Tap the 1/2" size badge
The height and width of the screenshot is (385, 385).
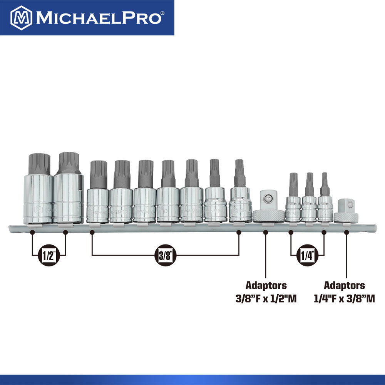coord(49,256)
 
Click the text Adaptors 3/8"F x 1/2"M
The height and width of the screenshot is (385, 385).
coord(266,292)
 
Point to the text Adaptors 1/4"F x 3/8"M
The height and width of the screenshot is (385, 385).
coord(344,292)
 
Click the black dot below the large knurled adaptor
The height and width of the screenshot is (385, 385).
coord(265,233)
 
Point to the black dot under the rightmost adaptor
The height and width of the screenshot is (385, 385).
coord(346,233)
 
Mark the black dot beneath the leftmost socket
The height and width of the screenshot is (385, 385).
coord(32,233)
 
